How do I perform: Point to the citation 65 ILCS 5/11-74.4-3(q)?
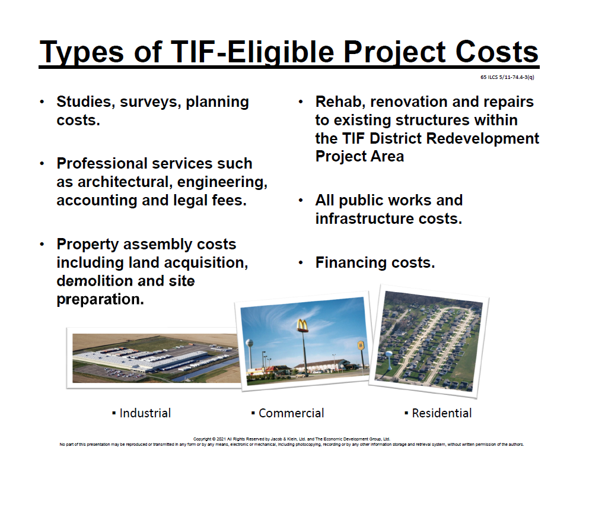click(507, 77)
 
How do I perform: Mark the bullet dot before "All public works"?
click(301, 201)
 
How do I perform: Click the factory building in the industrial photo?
click(142, 360)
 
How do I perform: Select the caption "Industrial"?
click(145, 413)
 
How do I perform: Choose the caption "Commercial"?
click(291, 413)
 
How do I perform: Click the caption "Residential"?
click(442, 413)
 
